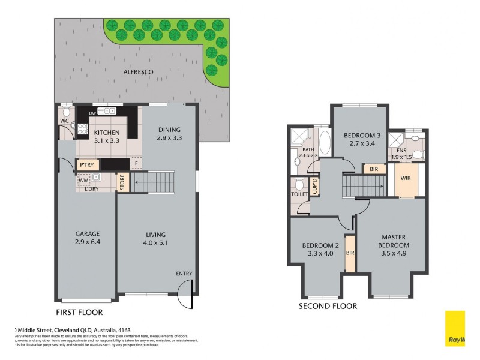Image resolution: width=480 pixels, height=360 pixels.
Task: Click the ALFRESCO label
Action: click(139, 72)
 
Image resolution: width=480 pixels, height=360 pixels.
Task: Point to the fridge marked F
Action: click(137, 163)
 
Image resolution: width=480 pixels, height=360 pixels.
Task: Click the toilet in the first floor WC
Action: click(67, 113)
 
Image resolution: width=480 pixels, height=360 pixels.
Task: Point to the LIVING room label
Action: click(155, 235)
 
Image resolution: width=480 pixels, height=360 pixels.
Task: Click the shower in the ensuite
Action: click(397, 142)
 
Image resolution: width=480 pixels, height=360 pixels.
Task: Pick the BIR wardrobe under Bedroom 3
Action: click(374, 169)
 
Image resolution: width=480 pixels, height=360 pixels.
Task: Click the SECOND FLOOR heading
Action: click(328, 306)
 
